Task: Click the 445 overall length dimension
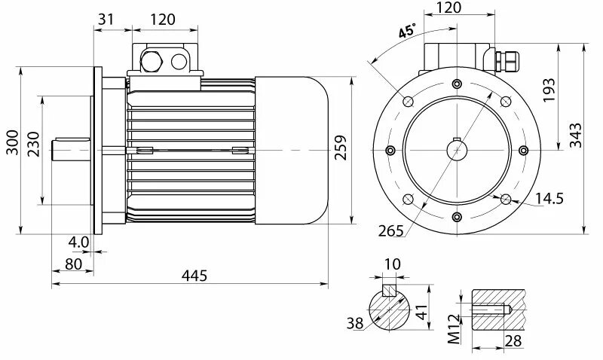pyautogui.click(x=194, y=276)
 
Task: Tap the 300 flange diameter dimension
pyautogui.click(x=13, y=142)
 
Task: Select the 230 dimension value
pyautogui.click(x=34, y=144)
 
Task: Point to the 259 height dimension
pyautogui.click(x=341, y=147)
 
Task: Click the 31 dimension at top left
pyautogui.click(x=106, y=19)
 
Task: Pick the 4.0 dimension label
pyautogui.click(x=78, y=243)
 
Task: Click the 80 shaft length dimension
pyautogui.click(x=73, y=264)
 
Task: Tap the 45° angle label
pyautogui.click(x=407, y=31)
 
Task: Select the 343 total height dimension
pyautogui.click(x=576, y=136)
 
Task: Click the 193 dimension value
pyautogui.click(x=549, y=90)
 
